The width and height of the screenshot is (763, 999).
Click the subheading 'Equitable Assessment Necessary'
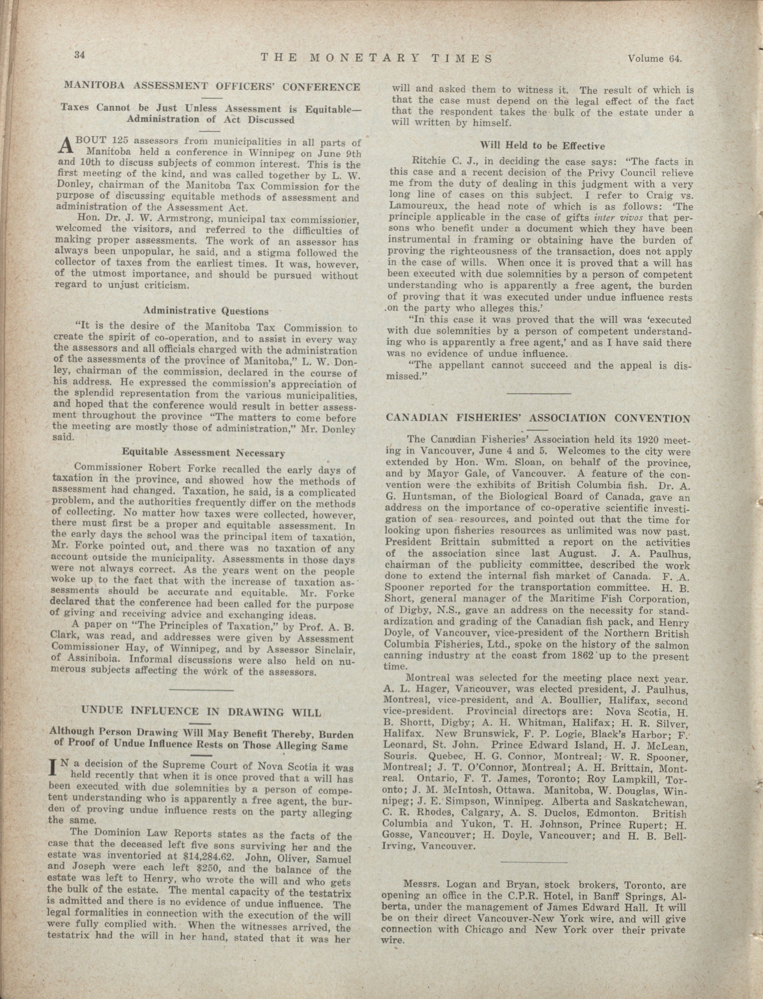[204, 453]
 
